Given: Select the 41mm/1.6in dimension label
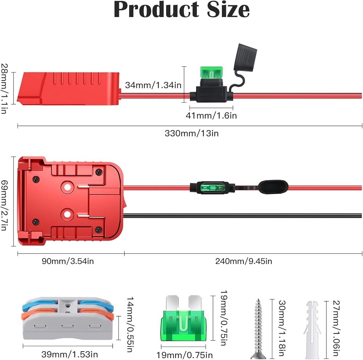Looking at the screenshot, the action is point(211,115).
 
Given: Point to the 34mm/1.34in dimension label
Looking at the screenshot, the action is point(153,85).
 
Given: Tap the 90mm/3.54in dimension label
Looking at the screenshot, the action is point(71,261).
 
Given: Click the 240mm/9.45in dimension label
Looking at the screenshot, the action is point(243,261).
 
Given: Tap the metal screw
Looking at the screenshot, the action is point(259,328).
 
